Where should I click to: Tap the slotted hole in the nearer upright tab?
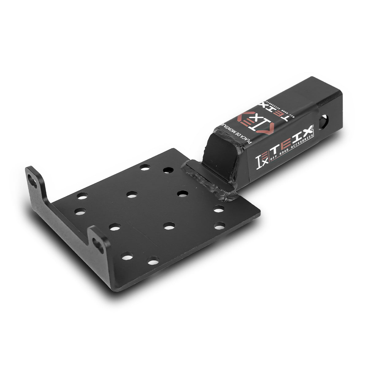pos(99,244)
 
